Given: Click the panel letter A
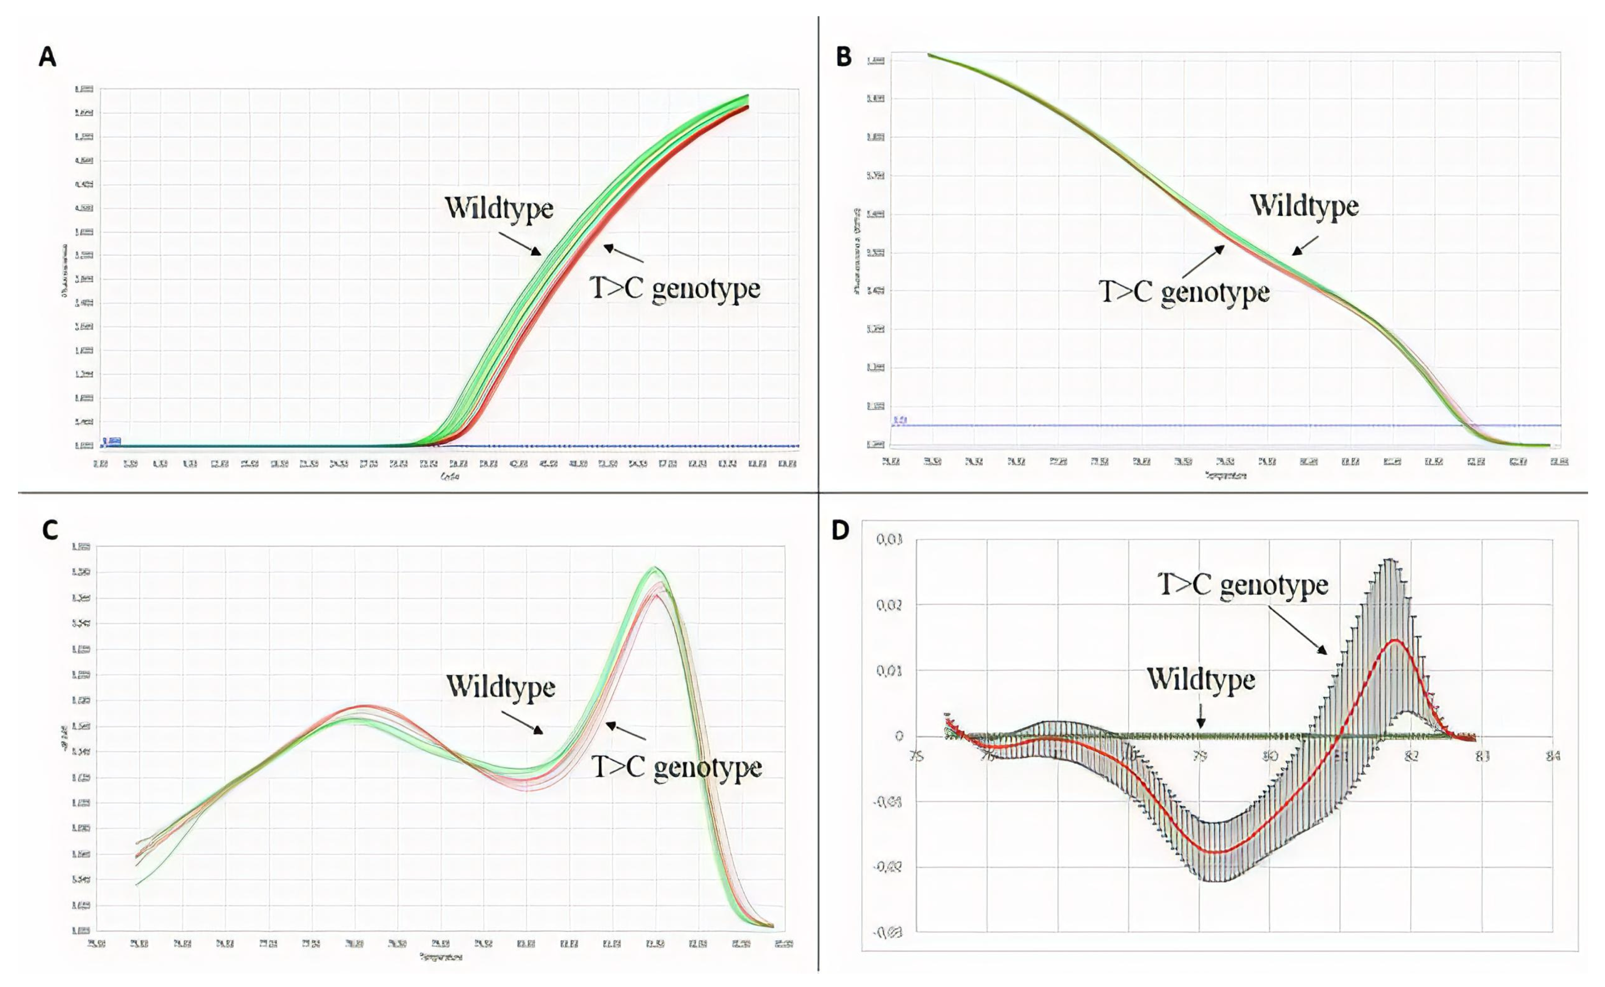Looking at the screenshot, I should [47, 58].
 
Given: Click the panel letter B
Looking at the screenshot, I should [843, 58].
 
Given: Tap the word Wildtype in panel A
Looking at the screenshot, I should [499, 209].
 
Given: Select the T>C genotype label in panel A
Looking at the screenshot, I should [675, 288].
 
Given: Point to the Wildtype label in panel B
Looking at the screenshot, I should [1304, 206].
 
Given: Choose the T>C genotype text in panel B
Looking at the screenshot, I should [1184, 292].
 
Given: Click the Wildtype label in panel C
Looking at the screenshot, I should [500, 687].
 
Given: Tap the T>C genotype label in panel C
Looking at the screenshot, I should [676, 767].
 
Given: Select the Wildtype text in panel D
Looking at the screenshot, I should [1201, 679].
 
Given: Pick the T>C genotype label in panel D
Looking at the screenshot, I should [1243, 584].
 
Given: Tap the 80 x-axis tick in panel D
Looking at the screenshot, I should [1270, 757].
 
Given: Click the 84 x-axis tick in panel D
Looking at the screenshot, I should [1553, 757].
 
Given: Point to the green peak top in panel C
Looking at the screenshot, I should [654, 568].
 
